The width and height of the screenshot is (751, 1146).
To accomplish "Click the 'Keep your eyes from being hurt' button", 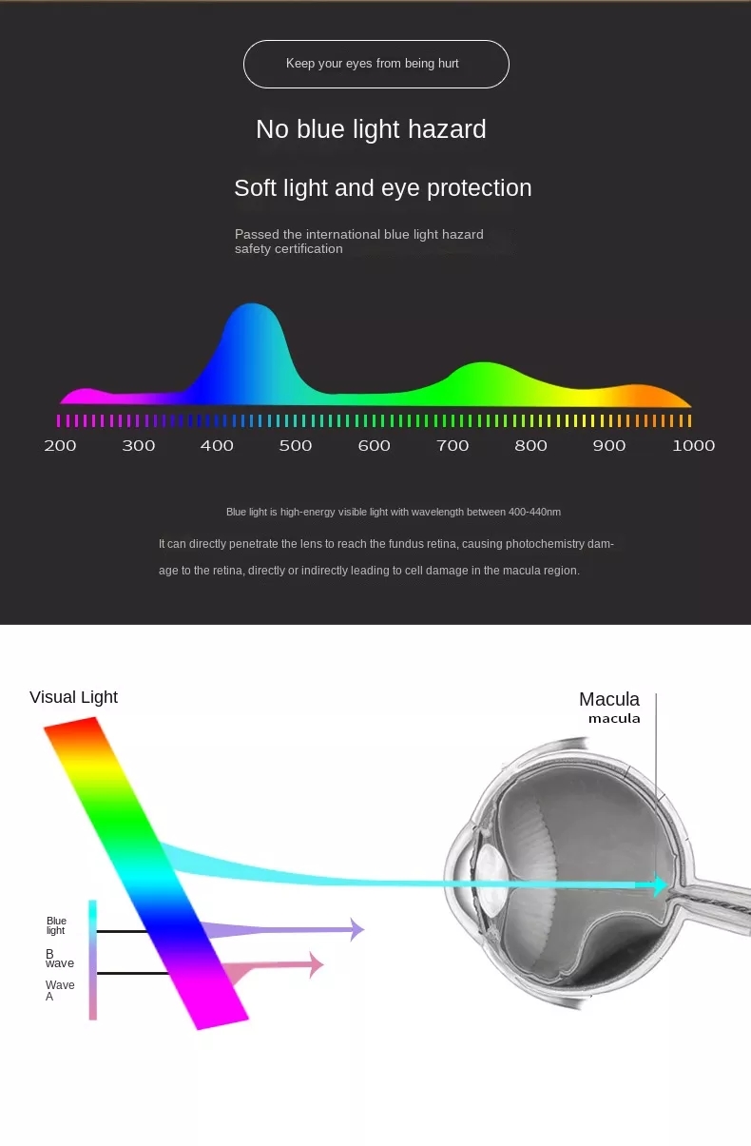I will click(x=375, y=64).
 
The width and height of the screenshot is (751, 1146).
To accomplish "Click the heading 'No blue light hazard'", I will click(x=371, y=129).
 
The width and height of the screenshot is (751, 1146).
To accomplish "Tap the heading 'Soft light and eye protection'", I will click(x=382, y=187).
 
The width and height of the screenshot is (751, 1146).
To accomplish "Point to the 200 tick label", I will click(x=60, y=446).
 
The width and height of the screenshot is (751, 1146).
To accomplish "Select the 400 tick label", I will click(x=217, y=446).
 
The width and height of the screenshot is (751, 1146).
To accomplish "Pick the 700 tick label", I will click(x=453, y=446).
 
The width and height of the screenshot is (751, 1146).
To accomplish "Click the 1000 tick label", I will click(x=693, y=446).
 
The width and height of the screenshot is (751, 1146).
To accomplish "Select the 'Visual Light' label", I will click(x=73, y=697).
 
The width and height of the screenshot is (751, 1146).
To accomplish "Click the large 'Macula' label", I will click(x=609, y=700).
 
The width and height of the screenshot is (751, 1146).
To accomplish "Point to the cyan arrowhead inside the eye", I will click(x=658, y=885).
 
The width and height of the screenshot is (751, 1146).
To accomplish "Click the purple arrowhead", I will click(x=356, y=929).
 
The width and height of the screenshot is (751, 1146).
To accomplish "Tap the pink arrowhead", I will click(x=317, y=964).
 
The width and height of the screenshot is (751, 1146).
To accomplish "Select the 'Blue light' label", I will click(x=56, y=925).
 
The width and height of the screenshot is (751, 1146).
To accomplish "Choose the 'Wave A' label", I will click(x=59, y=990).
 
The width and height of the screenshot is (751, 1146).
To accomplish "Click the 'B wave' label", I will click(x=59, y=959).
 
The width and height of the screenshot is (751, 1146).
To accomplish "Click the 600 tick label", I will click(x=374, y=446).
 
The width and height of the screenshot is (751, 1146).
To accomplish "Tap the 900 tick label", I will click(x=609, y=446).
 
